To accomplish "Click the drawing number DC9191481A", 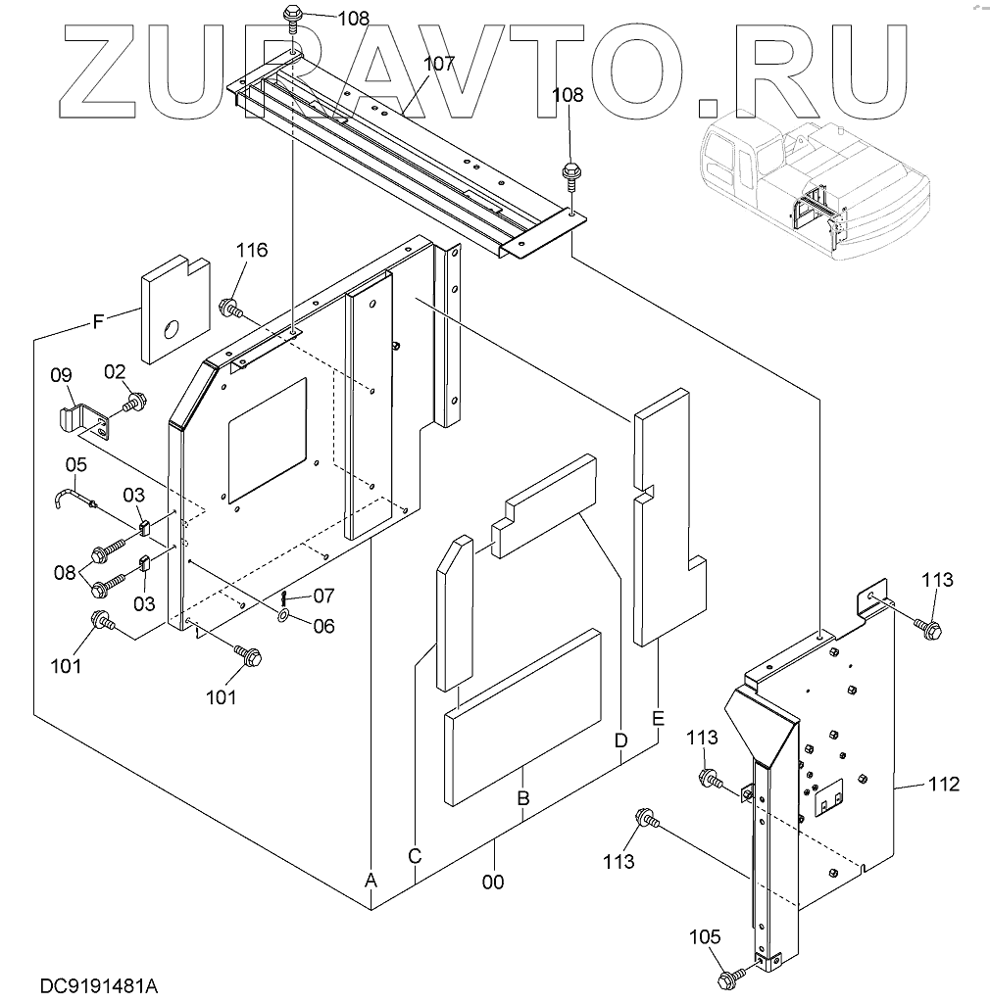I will coord(101,982).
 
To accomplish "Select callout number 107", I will coord(439,65).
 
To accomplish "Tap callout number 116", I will coord(251,251).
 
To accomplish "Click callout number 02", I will coord(115,371).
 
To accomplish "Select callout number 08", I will coord(65,571).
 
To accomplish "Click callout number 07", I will coord(323,595).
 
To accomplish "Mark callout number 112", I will coord(944,784).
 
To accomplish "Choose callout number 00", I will coord(493,882).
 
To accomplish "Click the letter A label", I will coord(371,881).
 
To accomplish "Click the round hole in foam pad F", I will coord(172,329).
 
